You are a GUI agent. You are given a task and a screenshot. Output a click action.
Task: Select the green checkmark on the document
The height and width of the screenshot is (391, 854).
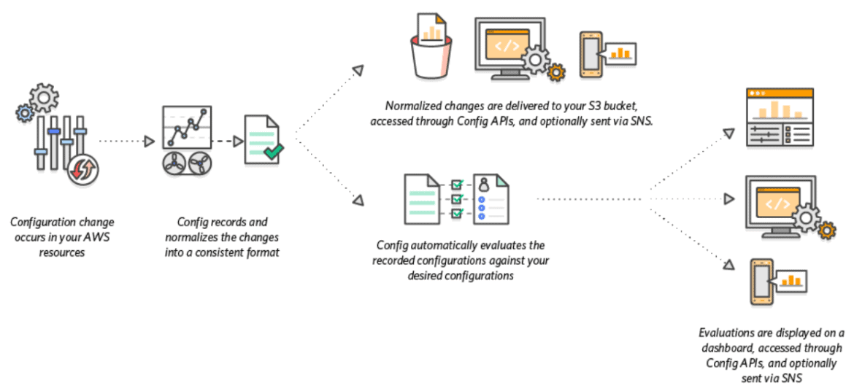coord(274,152)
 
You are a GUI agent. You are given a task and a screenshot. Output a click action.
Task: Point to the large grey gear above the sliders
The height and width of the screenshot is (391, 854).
coord(45,97)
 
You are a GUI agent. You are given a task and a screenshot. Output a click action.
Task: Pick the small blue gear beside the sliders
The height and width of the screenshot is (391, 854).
coord(25,112)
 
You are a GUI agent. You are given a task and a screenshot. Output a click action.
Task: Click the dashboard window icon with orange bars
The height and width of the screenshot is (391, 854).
coord(780,117)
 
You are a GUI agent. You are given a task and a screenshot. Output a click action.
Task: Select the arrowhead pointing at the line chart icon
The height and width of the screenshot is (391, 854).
coord(149,141)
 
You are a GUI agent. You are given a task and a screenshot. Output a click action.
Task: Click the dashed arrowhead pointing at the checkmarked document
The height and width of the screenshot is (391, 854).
coord(237,141)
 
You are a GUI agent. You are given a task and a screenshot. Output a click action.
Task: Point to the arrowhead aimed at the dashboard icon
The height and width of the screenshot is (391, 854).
coord(728,133)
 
